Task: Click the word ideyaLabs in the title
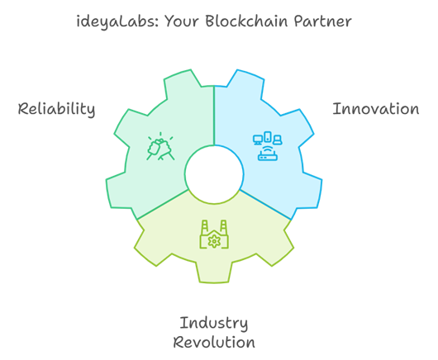click(x=117, y=21)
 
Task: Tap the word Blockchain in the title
click(x=246, y=21)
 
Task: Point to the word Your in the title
click(x=182, y=21)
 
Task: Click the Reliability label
click(x=56, y=109)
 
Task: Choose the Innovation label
click(x=376, y=109)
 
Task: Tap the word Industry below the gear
click(x=214, y=324)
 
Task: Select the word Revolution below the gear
click(x=214, y=343)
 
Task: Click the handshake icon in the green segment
click(x=160, y=146)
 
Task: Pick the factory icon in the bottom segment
click(x=214, y=234)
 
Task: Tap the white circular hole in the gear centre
click(x=214, y=175)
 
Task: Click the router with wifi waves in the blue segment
click(x=268, y=154)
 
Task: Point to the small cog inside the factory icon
click(x=214, y=241)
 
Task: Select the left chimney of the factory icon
click(x=205, y=226)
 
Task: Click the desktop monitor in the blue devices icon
click(x=258, y=140)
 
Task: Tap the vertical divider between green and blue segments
click(x=214, y=116)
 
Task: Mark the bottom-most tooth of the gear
click(x=214, y=272)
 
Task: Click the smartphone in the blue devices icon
click(x=268, y=137)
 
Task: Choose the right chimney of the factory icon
click(x=223, y=226)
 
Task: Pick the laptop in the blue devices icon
click(x=278, y=140)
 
